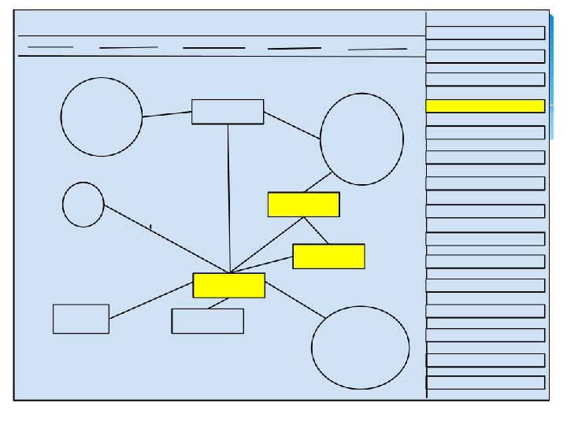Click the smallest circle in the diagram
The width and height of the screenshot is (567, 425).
coord(83,205)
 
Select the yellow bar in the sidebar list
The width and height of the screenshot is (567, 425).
coord(484,106)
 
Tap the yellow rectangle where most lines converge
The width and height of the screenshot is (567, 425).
coord(228,285)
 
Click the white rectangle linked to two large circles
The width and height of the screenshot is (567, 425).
coord(228,112)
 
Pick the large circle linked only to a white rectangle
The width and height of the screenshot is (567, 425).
coord(102,116)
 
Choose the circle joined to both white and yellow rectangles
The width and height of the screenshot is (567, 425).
coord(361,139)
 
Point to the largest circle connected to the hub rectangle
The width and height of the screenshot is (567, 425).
coord(361,347)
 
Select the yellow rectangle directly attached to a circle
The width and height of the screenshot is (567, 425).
coord(303,204)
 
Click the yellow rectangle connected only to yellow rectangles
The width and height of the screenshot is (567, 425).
coord(328,256)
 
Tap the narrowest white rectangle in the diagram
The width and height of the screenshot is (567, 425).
coord(81,319)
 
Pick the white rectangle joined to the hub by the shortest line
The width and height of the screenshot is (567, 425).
coord(207,320)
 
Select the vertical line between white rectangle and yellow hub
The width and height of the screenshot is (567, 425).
coord(228,197)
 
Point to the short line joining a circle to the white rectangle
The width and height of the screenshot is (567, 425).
coord(167,115)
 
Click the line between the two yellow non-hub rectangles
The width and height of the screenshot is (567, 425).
coord(317,230)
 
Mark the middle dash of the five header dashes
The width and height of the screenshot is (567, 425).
coord(213,48)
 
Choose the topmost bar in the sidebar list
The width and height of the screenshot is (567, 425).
coord(484,32)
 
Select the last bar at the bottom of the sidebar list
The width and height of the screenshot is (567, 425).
coord(484,382)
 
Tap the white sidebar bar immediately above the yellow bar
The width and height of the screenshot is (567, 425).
coord(484,79)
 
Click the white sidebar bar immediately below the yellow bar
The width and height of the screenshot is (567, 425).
coord(484,132)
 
